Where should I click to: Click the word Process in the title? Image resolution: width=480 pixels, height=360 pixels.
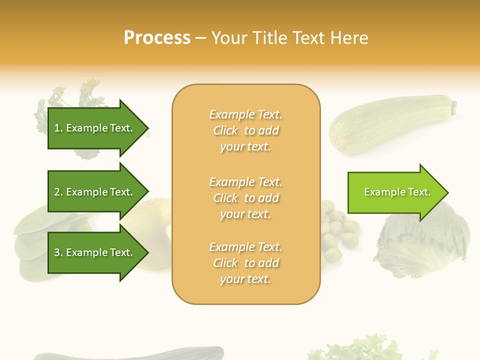coord(157,38)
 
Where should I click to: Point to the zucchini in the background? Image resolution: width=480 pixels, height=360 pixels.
coord(390,122)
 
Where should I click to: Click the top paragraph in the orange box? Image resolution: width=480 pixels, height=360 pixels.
coord(246,130)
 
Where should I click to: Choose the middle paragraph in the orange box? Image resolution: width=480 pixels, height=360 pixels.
coord(246,198)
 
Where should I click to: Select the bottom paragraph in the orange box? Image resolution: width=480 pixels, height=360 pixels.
coord(246,263)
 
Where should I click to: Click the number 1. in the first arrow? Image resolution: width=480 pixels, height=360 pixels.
coord(58,128)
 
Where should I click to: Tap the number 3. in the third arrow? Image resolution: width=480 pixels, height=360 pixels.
coord(58,252)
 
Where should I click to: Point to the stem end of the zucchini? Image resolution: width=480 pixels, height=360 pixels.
coord(454,106)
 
